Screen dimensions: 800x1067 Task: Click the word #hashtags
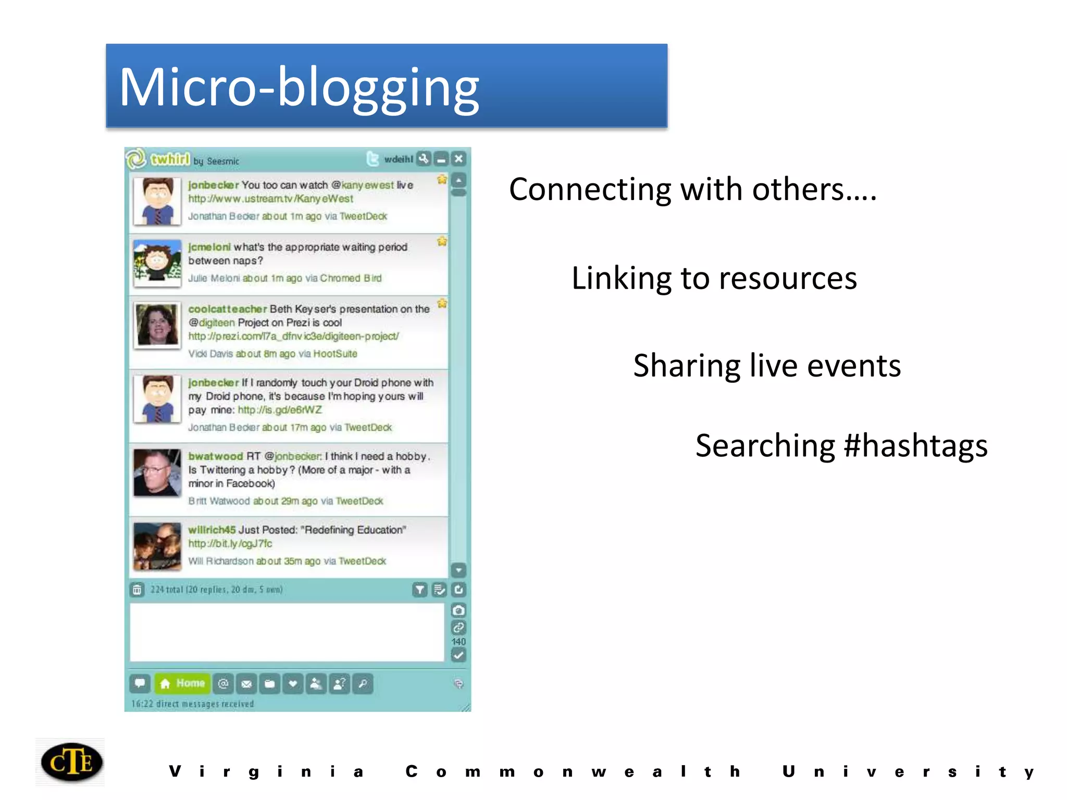[915, 446]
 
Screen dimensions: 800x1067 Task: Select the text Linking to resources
[714, 278]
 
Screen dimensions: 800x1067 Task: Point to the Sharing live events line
[767, 366]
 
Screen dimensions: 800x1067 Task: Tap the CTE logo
[71, 762]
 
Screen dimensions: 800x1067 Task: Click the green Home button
[183, 683]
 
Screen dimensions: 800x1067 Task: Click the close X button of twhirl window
[458, 159]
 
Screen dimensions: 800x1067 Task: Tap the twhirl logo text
[170, 159]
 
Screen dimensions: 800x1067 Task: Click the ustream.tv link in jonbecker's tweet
[270, 199]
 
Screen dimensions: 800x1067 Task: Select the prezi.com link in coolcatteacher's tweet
[293, 336]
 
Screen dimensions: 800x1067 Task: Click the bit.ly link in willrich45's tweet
[230, 544]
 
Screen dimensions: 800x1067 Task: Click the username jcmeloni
[209, 247]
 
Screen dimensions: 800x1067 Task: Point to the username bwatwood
[215, 456]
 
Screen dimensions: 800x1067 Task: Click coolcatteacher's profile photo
[157, 325]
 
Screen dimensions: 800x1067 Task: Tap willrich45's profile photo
[157, 546]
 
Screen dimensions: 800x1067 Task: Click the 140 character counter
[458, 642]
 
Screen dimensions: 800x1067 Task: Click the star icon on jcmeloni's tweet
[442, 241]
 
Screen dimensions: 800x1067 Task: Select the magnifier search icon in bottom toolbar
[363, 683]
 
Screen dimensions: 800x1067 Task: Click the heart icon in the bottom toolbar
[293, 683]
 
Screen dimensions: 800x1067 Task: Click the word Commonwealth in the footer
[573, 771]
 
